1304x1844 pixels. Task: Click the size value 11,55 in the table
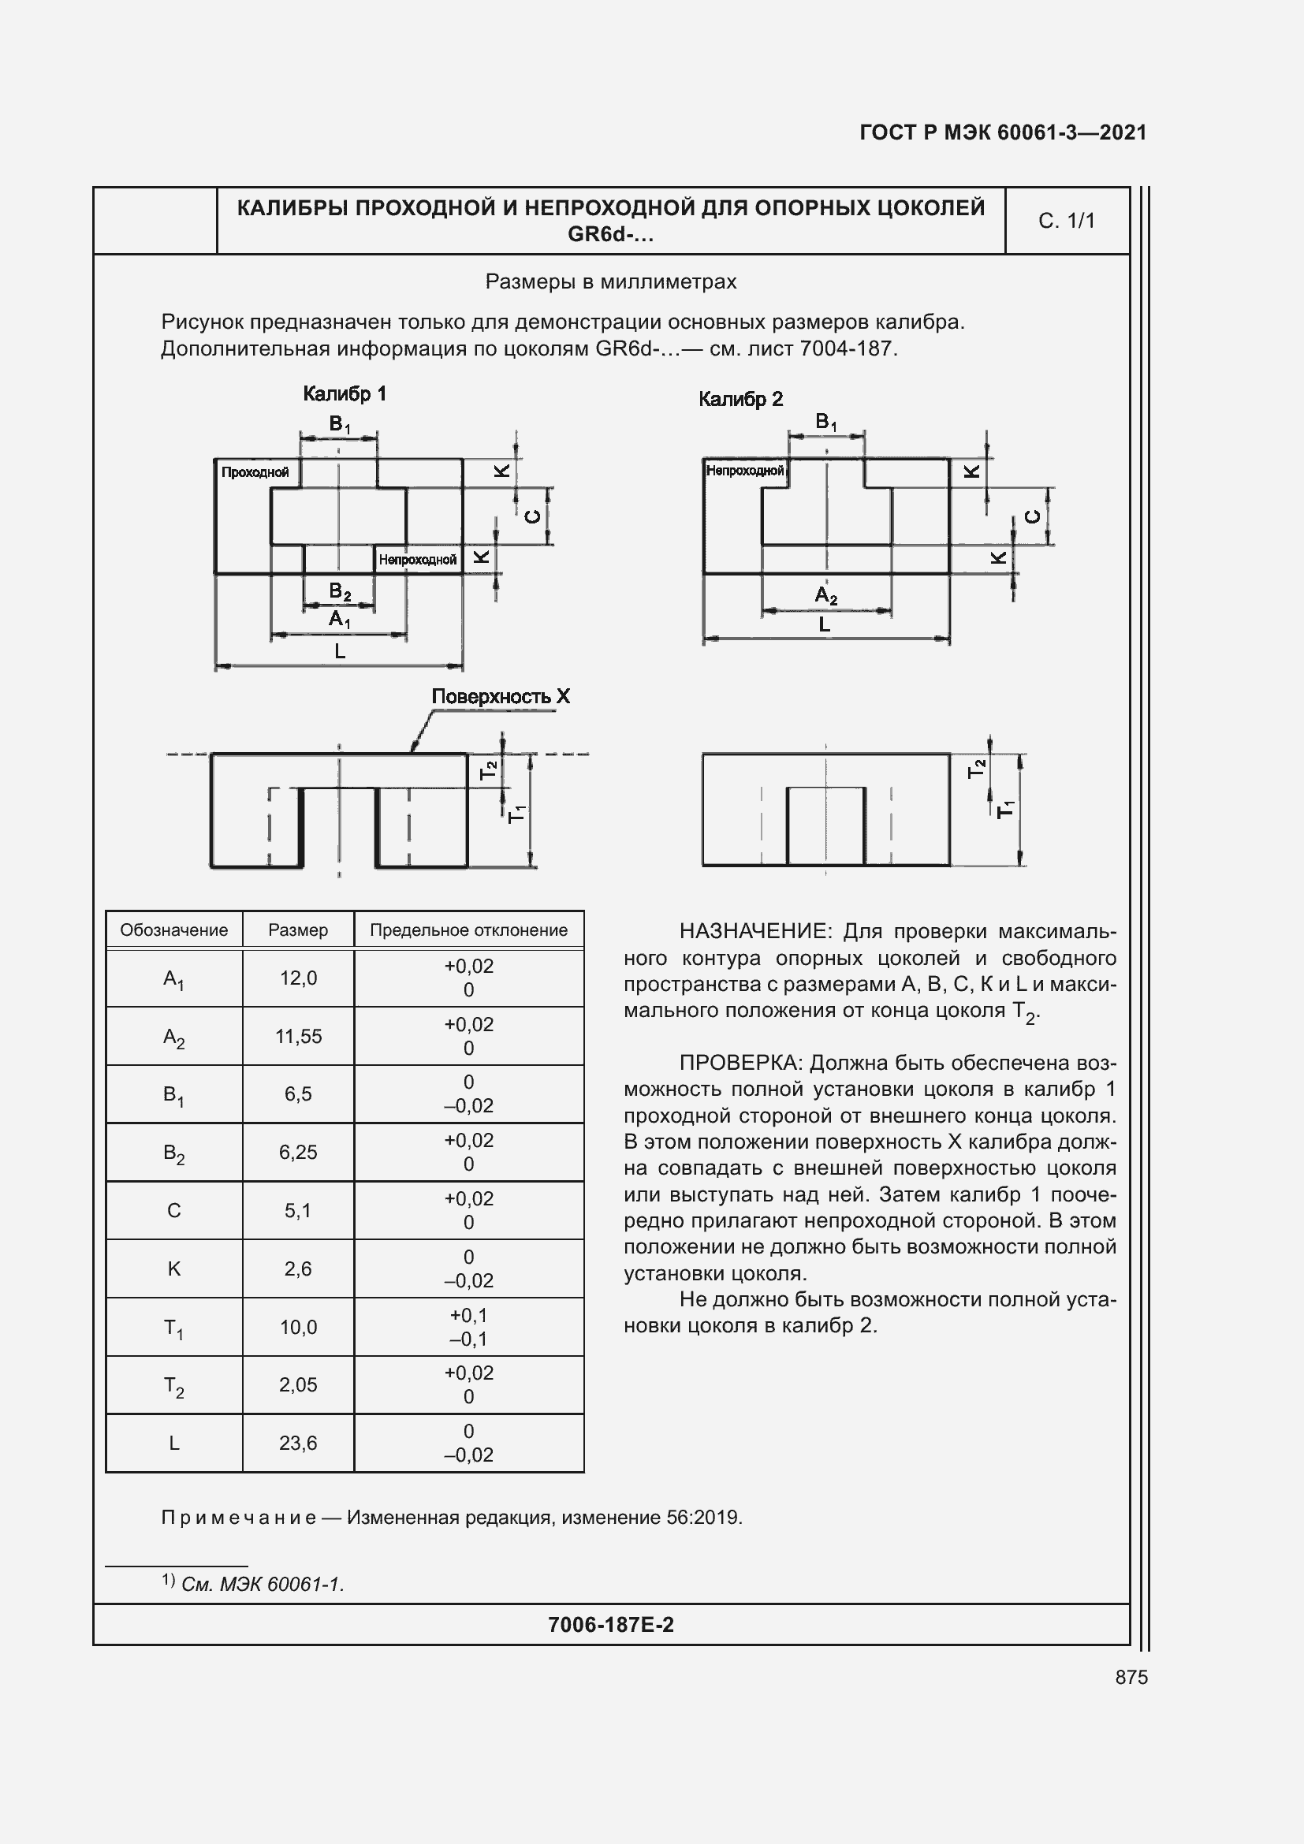(298, 1036)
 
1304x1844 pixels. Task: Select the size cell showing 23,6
(298, 1443)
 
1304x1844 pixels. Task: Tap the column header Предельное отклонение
(468, 930)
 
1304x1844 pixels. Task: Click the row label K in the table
(173, 1268)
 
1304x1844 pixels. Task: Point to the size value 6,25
(298, 1152)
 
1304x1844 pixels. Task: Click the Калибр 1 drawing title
(345, 393)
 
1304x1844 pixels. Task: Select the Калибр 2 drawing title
(740, 399)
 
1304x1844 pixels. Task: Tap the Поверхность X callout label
(501, 696)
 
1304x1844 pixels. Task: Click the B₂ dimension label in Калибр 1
(340, 592)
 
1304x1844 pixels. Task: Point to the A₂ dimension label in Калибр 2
(825, 595)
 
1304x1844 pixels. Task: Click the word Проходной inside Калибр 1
(255, 472)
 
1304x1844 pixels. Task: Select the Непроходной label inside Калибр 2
(744, 471)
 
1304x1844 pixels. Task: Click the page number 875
(1131, 1677)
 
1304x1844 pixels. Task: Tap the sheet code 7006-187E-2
(610, 1625)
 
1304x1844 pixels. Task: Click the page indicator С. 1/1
(1067, 221)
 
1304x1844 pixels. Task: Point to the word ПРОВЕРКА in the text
(740, 1063)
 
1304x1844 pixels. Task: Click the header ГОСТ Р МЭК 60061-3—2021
(1003, 132)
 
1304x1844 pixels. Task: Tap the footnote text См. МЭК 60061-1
(262, 1584)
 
